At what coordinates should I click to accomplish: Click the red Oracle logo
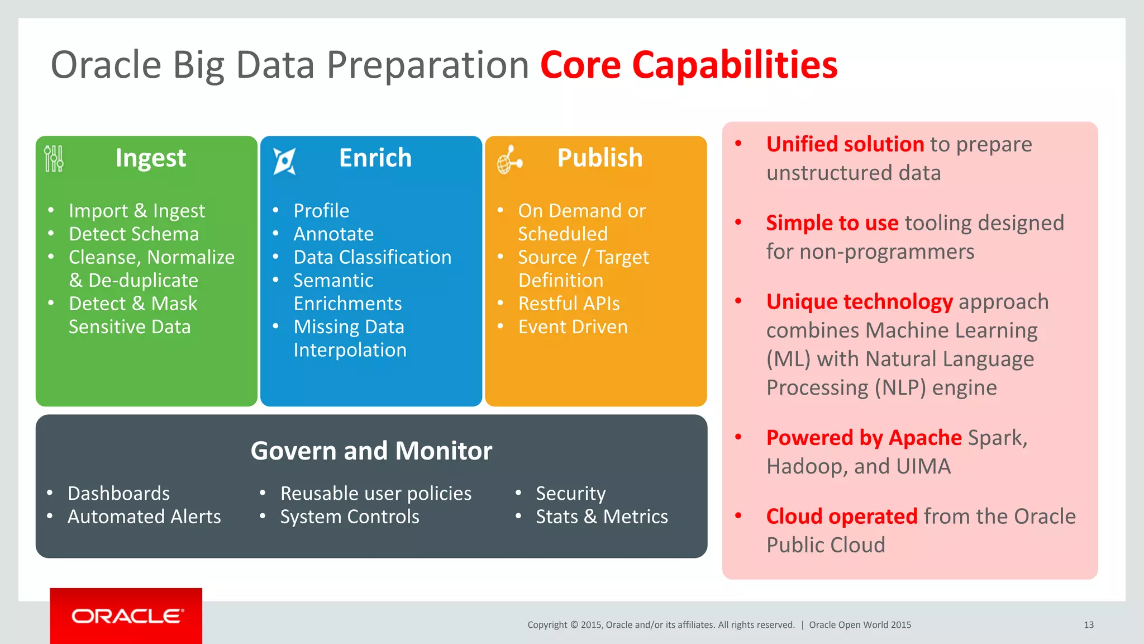(126, 615)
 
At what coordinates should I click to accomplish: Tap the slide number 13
(1088, 625)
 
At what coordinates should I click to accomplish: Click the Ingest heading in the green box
(150, 158)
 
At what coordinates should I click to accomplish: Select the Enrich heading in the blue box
(375, 158)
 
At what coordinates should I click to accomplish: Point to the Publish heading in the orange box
(600, 158)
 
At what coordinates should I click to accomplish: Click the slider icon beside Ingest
(54, 159)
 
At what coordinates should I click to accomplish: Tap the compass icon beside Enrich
(284, 161)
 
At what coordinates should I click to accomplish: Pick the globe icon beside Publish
(509, 160)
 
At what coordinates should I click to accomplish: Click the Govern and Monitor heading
(371, 451)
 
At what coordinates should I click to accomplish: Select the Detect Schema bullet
(134, 234)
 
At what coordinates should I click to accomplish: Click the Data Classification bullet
(372, 257)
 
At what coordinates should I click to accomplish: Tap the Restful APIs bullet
(569, 304)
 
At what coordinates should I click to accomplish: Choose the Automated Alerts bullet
(144, 517)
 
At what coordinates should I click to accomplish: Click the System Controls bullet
(350, 517)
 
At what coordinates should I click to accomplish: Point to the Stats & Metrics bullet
(602, 517)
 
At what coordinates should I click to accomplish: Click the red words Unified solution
(845, 144)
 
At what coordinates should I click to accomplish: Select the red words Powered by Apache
(864, 438)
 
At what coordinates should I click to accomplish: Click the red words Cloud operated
(841, 517)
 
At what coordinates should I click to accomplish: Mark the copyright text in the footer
(661, 625)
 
